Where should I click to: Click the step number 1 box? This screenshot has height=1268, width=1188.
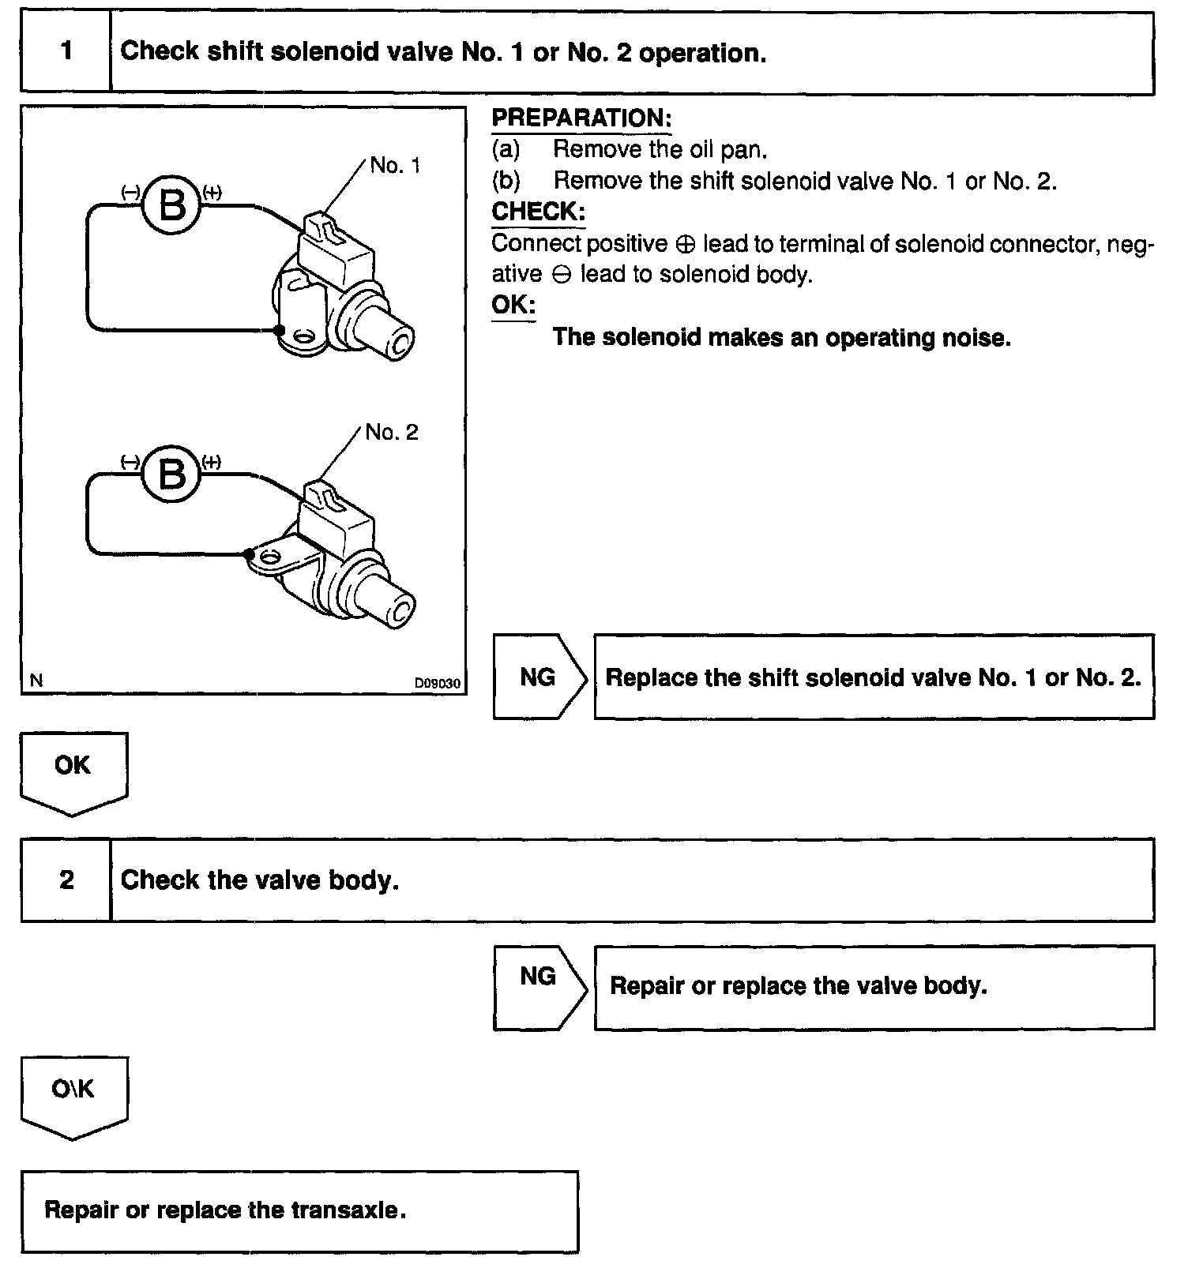point(66,52)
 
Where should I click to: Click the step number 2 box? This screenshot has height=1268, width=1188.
point(66,880)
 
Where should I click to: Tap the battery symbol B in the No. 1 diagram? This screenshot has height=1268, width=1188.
point(172,205)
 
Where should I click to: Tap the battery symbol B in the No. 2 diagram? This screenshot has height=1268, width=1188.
point(172,474)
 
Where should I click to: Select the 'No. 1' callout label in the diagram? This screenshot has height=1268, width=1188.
point(395,166)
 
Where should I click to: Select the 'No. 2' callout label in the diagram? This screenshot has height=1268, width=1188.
point(392,433)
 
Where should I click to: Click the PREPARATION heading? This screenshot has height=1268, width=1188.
point(581,118)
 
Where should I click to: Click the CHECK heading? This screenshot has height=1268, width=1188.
point(538,212)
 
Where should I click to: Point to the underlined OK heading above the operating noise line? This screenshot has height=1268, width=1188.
point(513,305)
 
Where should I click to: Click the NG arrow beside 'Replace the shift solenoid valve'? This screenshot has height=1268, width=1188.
point(539,677)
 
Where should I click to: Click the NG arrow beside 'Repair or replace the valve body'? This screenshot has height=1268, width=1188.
point(539,977)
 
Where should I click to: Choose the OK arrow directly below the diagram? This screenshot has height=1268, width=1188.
point(73,767)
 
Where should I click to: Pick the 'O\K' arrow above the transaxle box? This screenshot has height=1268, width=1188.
point(73,1091)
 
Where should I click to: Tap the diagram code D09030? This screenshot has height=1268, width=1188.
point(438,683)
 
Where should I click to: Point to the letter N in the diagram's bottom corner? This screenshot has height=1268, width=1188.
point(36,680)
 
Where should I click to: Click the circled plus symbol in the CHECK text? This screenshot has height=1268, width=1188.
point(686,245)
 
